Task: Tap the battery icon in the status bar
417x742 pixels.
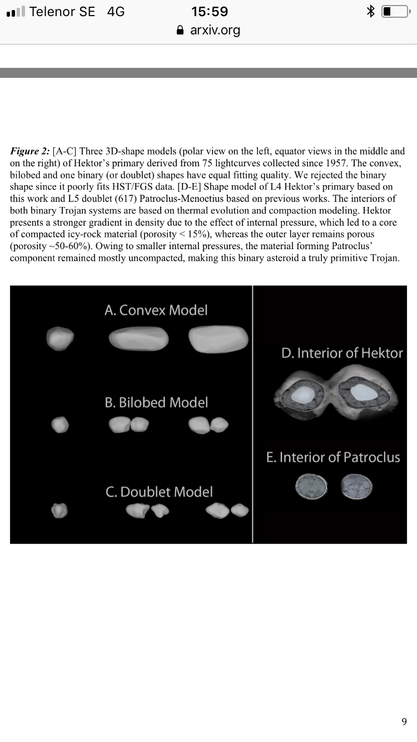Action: pos(395,12)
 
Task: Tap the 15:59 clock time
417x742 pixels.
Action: pos(209,11)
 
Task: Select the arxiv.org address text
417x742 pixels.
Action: pos(215,30)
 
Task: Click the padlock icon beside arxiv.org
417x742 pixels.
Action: pos(180,31)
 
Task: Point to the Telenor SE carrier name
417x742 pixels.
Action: pos(62,12)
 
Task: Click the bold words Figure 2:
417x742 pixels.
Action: pos(31,151)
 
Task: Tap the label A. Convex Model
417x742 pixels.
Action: pos(156,310)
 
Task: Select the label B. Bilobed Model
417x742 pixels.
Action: pos(156,402)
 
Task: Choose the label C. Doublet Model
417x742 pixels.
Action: pos(159,492)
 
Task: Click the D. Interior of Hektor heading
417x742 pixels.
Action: pos(342,353)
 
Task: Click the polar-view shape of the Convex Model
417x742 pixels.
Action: pos(60,338)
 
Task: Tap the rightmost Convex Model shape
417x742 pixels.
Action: pos(219,339)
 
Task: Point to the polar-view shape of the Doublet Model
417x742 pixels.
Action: pos(59,510)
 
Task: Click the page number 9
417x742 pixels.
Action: pos(404,721)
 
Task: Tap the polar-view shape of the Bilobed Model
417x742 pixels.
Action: pos(60,426)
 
